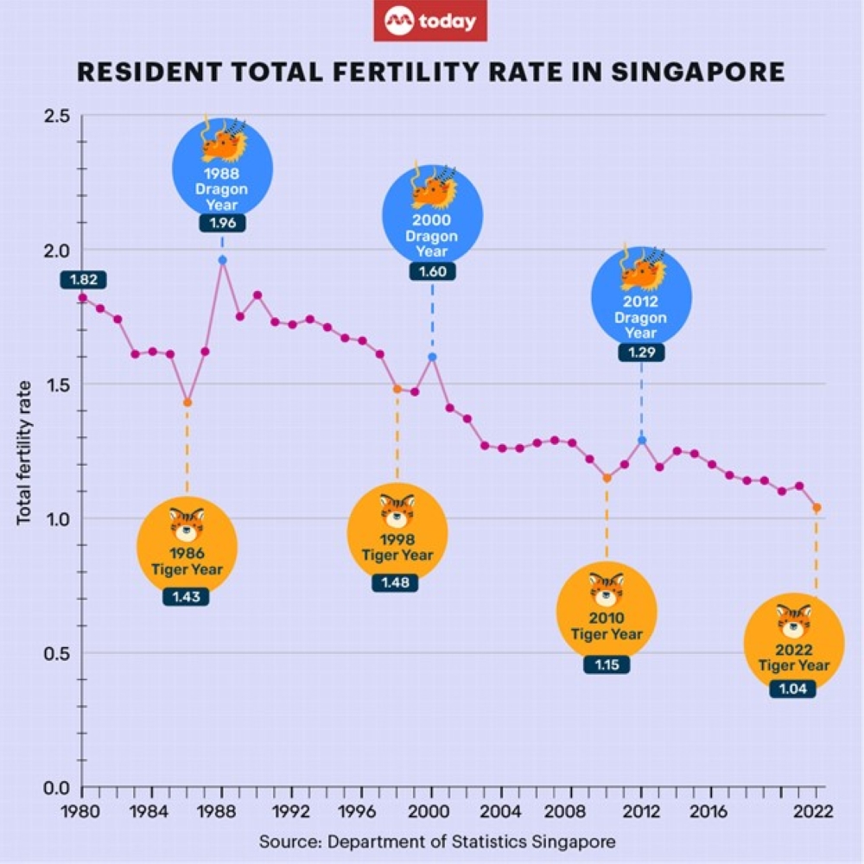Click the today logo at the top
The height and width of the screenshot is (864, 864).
(430, 22)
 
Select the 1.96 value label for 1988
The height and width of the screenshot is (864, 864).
(222, 222)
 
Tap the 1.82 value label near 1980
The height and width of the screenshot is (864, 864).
(83, 279)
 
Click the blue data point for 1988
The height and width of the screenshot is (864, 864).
(223, 260)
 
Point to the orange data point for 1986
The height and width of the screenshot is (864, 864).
(187, 403)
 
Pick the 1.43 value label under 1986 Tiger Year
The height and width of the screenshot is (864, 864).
(185, 596)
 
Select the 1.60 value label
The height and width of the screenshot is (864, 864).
(432, 271)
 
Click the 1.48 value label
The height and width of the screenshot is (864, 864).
(396, 582)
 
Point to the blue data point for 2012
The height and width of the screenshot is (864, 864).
(641, 440)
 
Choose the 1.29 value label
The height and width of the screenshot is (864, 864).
(641, 353)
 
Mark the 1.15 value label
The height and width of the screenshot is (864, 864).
(607, 664)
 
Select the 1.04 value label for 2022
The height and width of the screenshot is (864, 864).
(793, 689)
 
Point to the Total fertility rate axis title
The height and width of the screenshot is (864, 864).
(24, 453)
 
